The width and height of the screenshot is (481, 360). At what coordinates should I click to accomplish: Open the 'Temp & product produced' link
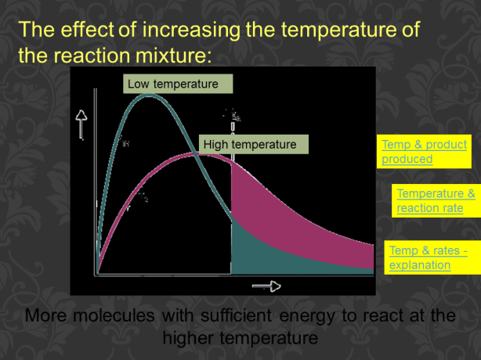coord(424,151)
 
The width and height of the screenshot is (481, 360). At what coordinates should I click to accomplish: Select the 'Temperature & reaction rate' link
coord(436,200)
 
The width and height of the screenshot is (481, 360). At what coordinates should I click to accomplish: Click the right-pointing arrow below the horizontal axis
coord(266,286)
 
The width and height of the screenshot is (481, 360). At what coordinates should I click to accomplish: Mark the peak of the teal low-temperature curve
coord(150,95)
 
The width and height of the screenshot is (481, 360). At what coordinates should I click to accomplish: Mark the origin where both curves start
coord(96,274)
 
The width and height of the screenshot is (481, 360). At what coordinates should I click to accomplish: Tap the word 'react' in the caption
coord(378,317)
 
